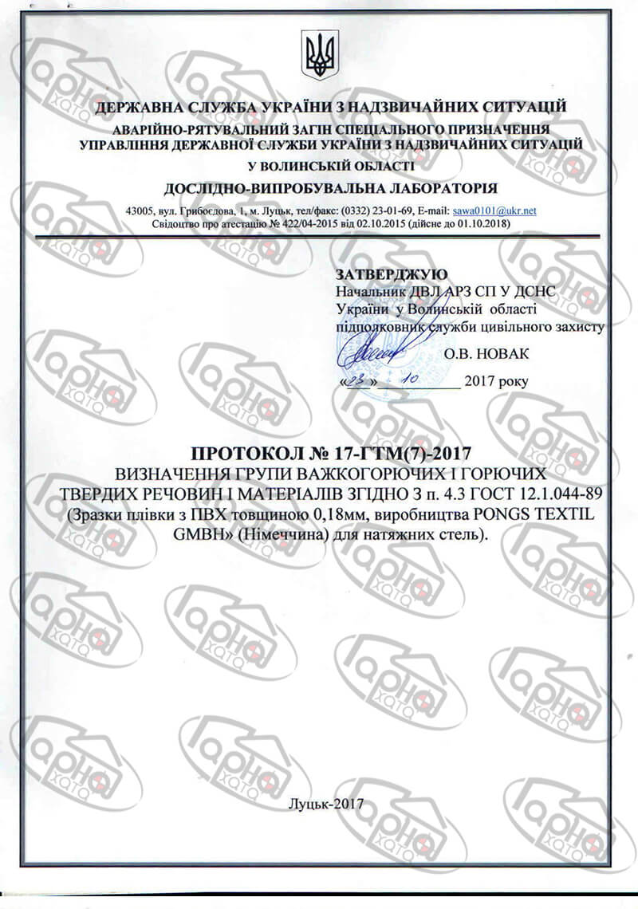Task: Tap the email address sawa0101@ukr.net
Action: [494, 211]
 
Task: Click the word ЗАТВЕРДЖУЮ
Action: [392, 273]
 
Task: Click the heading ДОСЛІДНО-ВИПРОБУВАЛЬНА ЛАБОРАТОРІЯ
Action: [329, 188]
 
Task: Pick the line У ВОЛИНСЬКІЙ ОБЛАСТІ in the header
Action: [330, 166]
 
